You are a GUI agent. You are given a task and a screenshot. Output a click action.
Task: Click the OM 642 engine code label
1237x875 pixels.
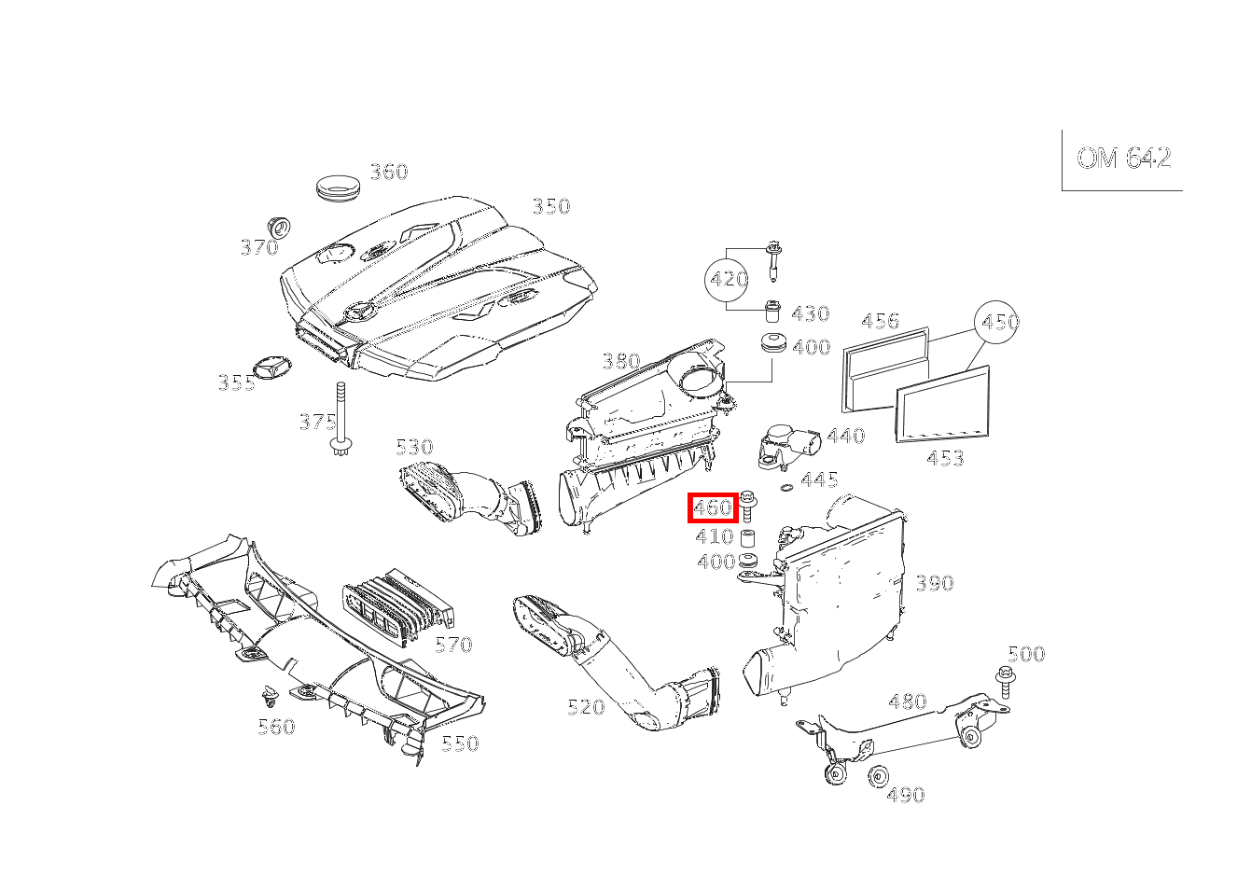tap(1123, 159)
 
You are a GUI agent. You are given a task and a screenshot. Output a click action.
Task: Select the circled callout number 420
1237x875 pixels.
tap(728, 279)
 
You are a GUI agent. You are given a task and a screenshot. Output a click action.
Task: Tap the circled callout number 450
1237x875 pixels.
tap(996, 321)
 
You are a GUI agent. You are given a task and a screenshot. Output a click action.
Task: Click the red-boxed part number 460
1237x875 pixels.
tap(713, 507)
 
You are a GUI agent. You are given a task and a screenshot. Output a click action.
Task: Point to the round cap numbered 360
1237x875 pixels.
tap(338, 187)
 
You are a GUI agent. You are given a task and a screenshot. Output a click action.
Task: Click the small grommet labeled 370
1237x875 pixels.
tap(280, 228)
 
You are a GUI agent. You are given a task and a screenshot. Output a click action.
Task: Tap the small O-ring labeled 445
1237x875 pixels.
tap(788, 487)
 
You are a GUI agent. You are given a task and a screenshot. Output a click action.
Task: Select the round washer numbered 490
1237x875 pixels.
tap(878, 777)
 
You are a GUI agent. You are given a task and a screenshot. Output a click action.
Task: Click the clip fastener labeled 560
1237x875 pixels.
tap(270, 698)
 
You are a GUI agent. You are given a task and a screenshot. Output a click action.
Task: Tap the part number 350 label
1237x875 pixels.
tap(550, 206)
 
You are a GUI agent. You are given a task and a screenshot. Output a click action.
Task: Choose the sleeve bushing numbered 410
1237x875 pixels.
tap(747, 537)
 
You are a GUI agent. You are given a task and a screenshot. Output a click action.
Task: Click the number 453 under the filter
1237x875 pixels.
tap(945, 458)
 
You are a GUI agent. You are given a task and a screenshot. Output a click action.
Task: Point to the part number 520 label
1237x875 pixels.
tap(586, 707)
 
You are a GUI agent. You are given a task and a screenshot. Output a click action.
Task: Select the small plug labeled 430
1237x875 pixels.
tap(771, 312)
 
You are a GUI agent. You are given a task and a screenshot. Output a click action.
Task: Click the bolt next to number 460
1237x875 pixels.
tap(748, 506)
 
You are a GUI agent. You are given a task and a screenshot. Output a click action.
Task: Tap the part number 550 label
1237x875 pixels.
tap(460, 743)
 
